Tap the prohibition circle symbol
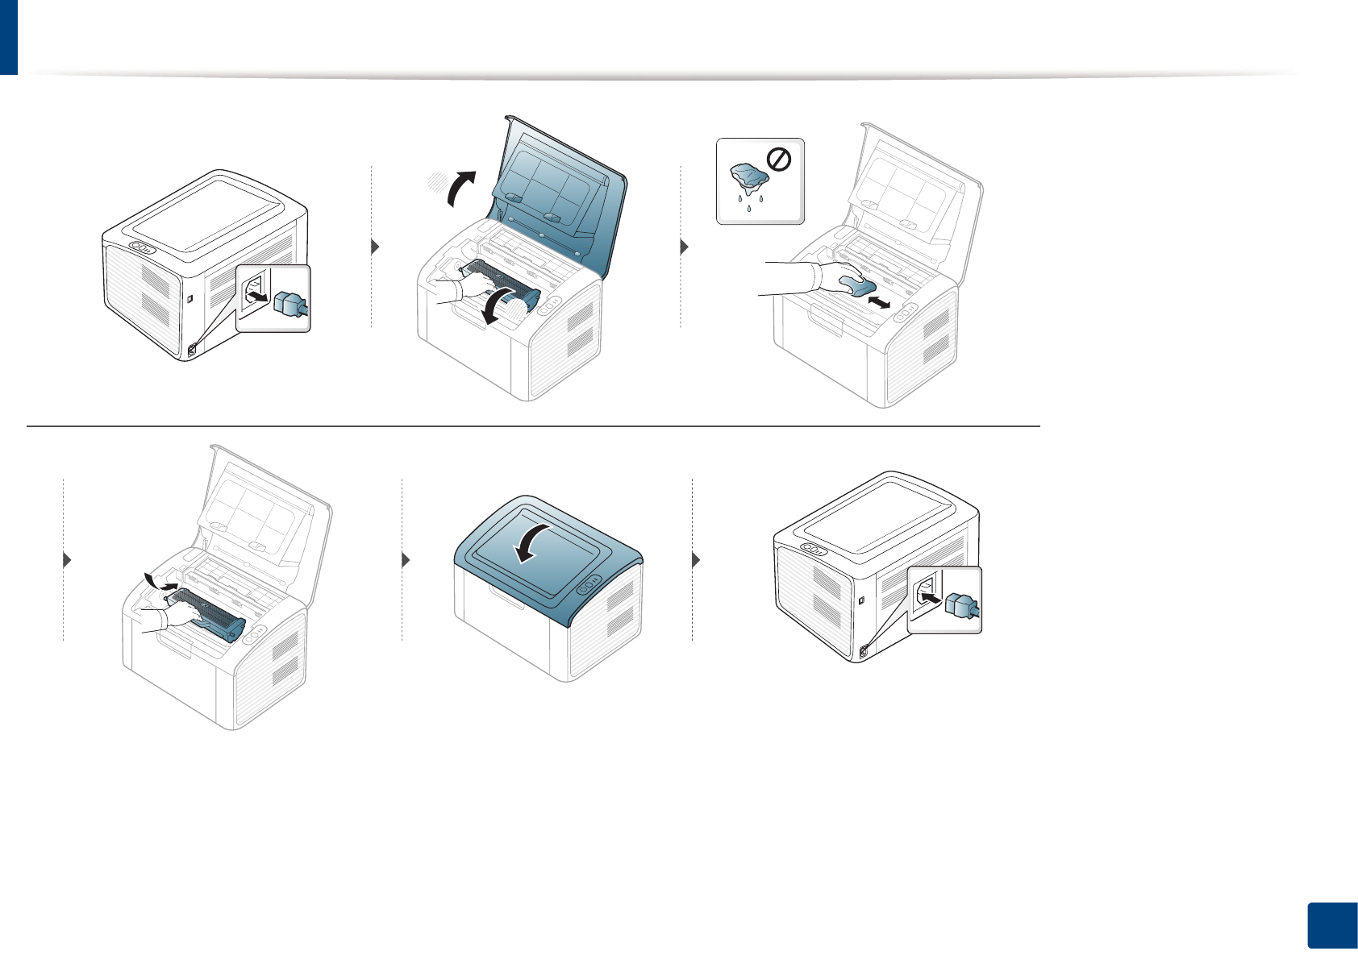779,160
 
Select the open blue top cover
556,193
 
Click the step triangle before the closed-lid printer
406,559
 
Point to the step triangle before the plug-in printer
697,559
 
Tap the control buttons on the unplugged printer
141,248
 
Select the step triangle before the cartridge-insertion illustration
68,559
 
